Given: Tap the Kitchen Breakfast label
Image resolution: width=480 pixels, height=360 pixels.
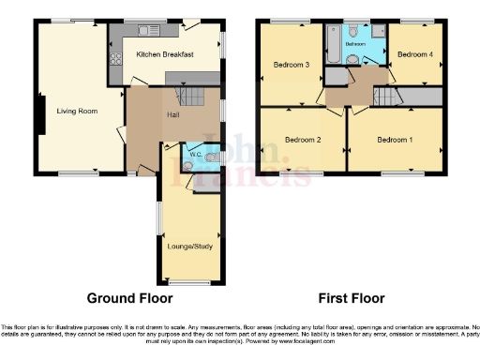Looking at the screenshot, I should (165, 55).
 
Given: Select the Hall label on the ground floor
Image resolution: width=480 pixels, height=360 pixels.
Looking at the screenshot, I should (174, 114).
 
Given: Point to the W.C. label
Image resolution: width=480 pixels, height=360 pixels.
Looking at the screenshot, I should (196, 153).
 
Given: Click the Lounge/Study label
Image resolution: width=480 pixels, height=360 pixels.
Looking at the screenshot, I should (188, 247).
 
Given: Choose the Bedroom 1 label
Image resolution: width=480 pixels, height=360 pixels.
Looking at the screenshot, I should (394, 140).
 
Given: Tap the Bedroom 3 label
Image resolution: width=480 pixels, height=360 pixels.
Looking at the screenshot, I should (292, 65).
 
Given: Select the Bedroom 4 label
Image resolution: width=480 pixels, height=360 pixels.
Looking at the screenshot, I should (414, 54).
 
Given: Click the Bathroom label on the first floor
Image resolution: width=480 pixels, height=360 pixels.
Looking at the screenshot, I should (354, 44).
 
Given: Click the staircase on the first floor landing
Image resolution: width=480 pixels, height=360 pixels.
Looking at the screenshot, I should (387, 96).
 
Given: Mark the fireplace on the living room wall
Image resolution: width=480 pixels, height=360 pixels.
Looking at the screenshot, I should (39, 112).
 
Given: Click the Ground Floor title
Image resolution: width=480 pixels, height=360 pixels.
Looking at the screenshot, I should (129, 299).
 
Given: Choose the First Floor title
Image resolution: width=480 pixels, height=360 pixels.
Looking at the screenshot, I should (352, 299).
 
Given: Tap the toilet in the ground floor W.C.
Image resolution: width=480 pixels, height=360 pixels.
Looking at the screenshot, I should (188, 165).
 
